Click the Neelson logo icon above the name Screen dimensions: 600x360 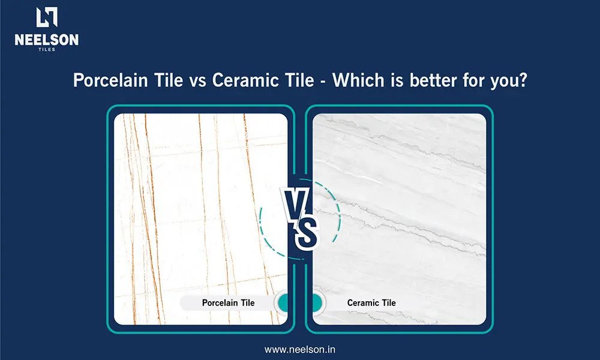pos(47,17)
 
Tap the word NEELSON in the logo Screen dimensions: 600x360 pos(47,40)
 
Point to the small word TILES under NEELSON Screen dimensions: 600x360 pos(47,49)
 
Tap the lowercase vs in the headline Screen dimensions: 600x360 pos(197,82)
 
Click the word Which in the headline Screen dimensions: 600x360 pos(358,80)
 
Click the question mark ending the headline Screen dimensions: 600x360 pos(523,80)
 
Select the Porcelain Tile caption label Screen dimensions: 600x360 pos(228,302)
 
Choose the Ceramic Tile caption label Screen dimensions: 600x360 pos(371,302)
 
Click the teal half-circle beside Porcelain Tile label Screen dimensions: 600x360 pos(283,302)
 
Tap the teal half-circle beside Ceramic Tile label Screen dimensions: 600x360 pos(317,302)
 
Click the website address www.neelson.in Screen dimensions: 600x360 pos(299,349)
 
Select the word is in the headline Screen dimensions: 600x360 pos(397,80)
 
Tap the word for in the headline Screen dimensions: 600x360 pos(474,80)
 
